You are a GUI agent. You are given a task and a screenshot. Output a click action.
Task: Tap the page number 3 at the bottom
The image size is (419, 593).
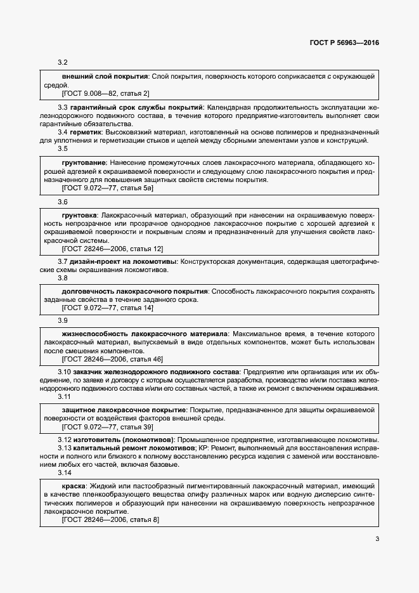coord(377,540)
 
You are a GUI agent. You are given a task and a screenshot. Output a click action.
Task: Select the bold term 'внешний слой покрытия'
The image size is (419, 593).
coord(105,76)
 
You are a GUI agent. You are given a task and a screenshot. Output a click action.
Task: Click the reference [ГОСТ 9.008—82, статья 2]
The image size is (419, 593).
coord(105,93)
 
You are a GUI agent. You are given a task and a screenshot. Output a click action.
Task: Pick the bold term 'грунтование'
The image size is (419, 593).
coord(84,163)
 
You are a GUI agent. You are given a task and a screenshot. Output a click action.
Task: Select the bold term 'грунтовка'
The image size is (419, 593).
coord(80,215)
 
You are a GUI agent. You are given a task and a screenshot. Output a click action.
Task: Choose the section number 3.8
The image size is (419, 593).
coord(63,278)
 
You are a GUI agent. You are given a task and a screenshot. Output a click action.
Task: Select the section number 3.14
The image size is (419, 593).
coord(65,473)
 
